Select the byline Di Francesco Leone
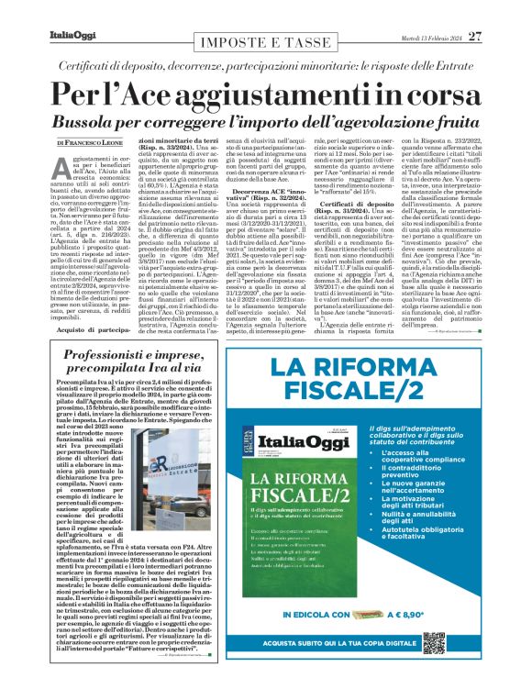(89, 144)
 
